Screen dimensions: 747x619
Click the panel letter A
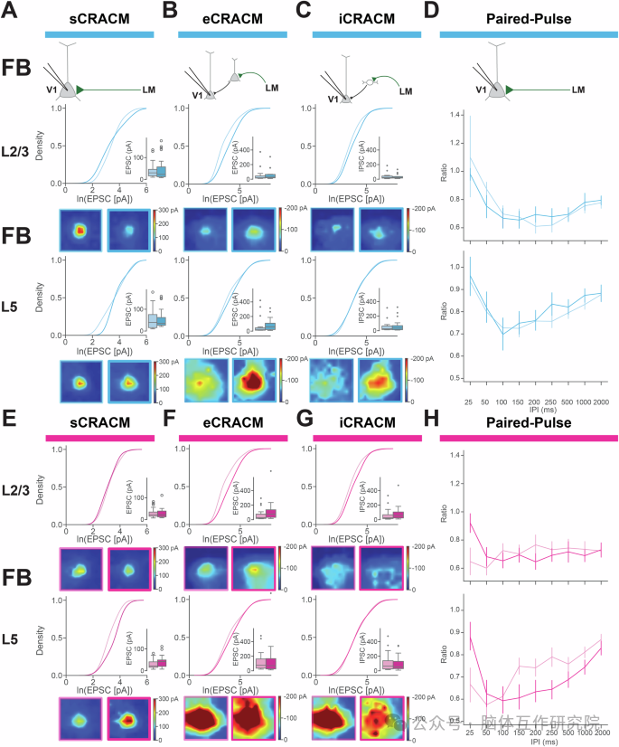(14, 13)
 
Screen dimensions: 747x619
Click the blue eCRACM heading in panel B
(232, 15)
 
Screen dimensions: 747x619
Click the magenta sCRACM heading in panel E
(98, 421)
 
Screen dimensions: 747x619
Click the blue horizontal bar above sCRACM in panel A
(98, 33)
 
